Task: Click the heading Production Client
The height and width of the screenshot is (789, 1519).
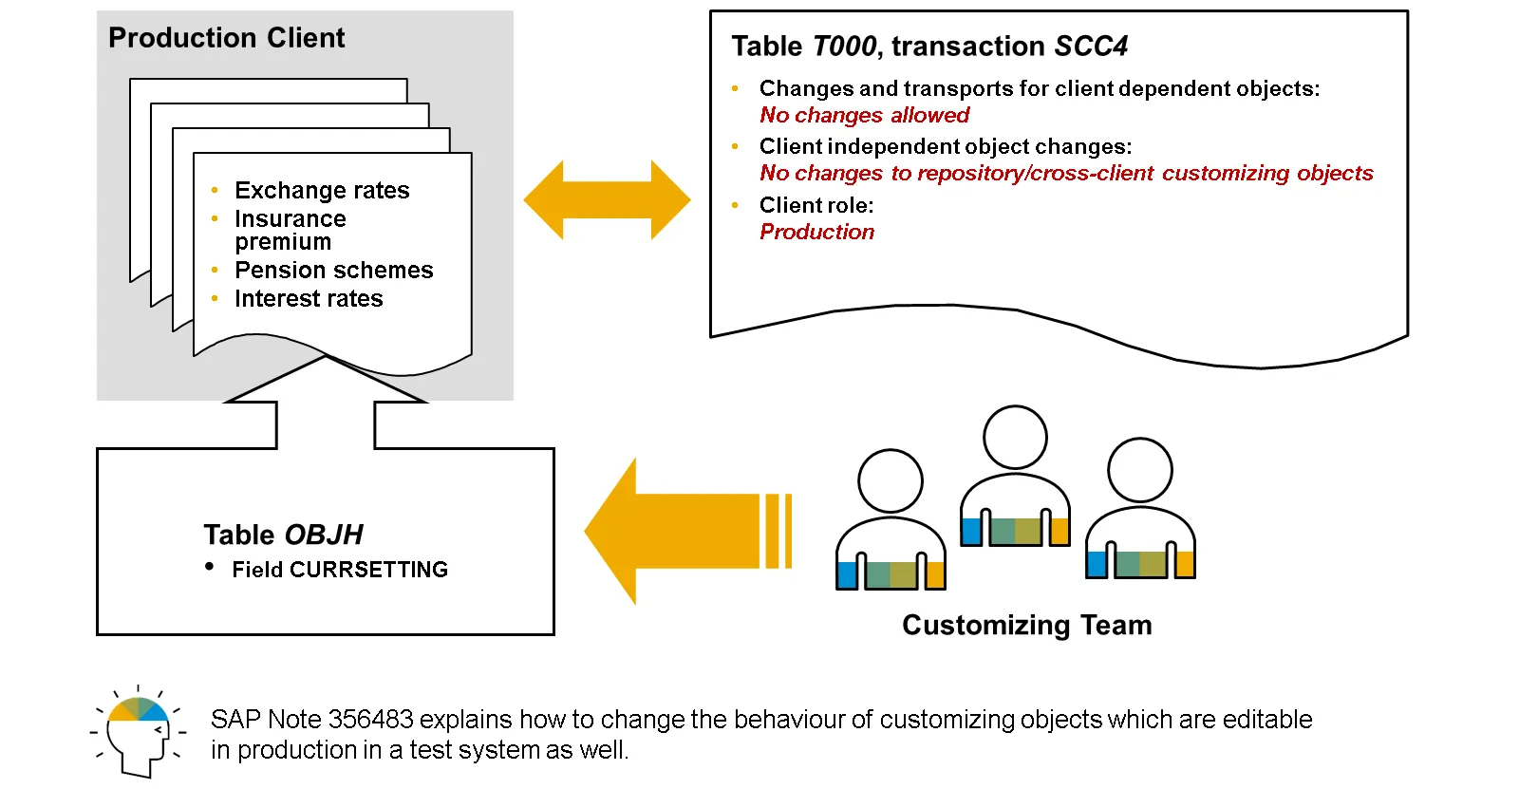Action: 226,38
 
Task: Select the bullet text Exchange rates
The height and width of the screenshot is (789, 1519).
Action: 322,191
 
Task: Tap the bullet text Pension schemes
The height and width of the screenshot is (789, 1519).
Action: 333,271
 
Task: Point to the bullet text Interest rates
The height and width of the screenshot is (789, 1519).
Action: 309,299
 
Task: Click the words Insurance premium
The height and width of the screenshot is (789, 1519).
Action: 290,230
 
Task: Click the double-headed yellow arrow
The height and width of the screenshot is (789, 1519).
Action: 607,199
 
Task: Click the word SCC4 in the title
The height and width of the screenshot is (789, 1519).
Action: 1091,47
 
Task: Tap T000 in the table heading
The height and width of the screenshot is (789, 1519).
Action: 844,47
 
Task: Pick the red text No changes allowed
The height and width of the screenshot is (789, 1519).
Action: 864,116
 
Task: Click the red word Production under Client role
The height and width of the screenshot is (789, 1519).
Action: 816,233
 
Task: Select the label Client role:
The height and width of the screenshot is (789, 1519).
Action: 816,205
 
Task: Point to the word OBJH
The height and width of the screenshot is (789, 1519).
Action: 323,535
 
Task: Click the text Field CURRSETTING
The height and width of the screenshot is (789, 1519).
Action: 340,570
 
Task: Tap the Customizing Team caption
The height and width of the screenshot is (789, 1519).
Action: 1026,625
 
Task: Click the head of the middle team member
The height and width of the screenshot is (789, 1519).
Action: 1015,438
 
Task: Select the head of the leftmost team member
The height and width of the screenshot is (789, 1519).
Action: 890,481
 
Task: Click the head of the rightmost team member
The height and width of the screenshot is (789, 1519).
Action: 1140,470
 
